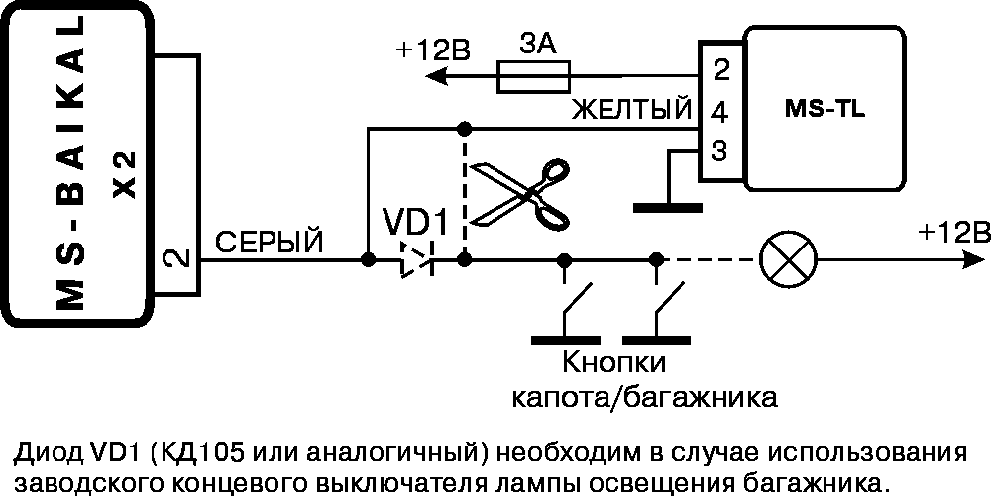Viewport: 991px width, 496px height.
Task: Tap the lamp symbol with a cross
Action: (x=788, y=260)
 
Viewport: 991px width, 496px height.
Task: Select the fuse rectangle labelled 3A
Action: (x=534, y=76)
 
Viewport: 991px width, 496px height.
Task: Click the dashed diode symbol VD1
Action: (x=416, y=260)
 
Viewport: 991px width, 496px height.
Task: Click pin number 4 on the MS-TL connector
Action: (x=719, y=114)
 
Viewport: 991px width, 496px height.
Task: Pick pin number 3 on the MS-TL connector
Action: (x=719, y=151)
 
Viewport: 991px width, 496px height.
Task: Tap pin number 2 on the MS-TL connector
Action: (x=719, y=70)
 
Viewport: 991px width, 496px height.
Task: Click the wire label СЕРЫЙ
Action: (x=270, y=243)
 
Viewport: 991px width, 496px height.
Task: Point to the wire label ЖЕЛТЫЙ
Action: (x=631, y=110)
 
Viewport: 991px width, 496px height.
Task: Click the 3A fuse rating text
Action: (x=538, y=45)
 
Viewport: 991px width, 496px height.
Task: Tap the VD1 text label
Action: (x=415, y=222)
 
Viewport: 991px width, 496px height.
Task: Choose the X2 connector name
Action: (x=126, y=176)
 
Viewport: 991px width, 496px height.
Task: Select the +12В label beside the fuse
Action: (x=433, y=50)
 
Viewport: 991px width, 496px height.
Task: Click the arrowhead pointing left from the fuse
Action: (x=436, y=77)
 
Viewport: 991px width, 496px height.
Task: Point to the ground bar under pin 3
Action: (x=667, y=207)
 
